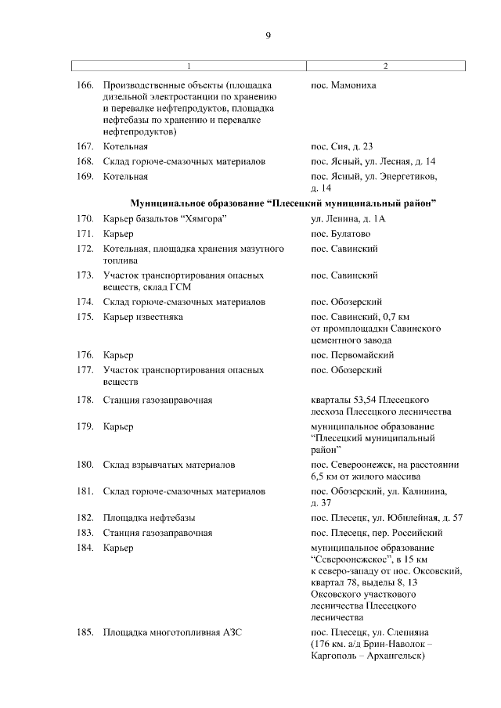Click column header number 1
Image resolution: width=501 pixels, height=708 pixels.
tap(189, 66)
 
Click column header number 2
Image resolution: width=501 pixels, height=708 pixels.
tap(385, 66)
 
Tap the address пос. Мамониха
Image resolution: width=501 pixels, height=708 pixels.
tap(344, 84)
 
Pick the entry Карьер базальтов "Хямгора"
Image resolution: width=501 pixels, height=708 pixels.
tap(164, 218)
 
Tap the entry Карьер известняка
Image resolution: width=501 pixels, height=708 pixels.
tap(143, 317)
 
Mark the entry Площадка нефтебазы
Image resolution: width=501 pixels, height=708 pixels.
tap(150, 518)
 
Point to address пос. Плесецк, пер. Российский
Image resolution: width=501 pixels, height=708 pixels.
tap(377, 533)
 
